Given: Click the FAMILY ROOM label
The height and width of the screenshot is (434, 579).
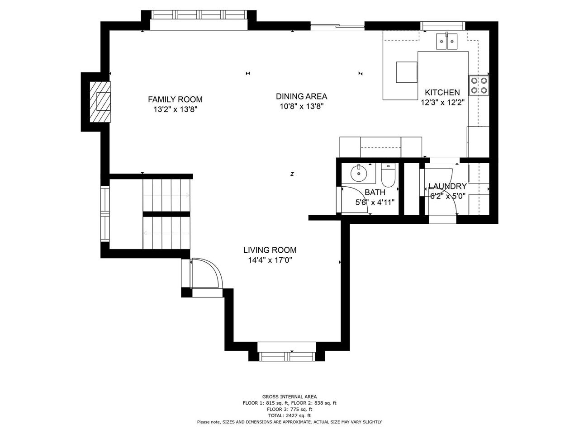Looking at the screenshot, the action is [175, 99].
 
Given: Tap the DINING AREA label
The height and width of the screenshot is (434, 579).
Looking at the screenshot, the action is [302, 96].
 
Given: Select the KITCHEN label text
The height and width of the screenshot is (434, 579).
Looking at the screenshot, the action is [442, 93].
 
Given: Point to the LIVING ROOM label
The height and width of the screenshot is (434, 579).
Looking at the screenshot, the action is [270, 250].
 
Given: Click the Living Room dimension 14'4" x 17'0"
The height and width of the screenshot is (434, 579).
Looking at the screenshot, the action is [270, 260].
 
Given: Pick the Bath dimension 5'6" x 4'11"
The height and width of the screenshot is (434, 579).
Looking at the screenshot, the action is [375, 203].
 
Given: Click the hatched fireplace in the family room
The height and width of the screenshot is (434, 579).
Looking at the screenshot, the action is [100, 102].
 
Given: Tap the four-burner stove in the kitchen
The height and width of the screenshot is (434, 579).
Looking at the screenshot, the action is [479, 85].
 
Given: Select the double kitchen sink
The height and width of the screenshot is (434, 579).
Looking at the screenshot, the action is [446, 42].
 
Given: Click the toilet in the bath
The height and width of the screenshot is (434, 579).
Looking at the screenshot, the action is [388, 175].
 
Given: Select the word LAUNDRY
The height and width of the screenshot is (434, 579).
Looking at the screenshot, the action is [448, 186].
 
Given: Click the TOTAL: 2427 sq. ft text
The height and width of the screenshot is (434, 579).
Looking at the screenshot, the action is [289, 415].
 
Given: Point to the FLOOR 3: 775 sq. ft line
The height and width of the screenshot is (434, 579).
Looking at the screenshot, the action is [289, 409].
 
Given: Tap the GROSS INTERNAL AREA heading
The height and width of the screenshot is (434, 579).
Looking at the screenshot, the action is [289, 396].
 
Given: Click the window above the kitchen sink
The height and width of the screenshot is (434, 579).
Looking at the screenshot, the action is [442, 26].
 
